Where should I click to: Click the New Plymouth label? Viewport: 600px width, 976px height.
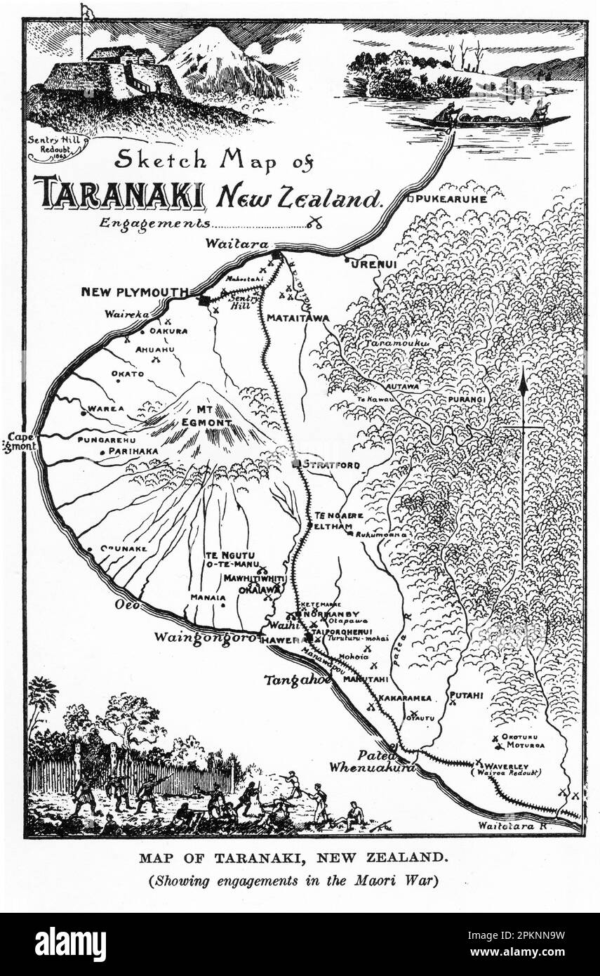[134, 291]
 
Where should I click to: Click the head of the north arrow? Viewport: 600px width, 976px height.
[523, 379]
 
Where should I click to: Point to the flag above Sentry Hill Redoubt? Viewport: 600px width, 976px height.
[86, 12]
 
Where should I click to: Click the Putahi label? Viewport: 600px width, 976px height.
[466, 695]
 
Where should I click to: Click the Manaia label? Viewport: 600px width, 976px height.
[208, 598]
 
